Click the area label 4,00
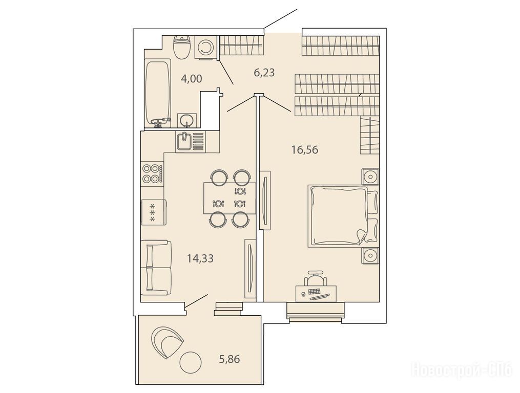tap(192, 79)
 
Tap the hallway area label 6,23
tap(264, 72)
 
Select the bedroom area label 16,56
tap(305, 150)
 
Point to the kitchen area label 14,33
tap(200, 258)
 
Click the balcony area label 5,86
tap(229, 359)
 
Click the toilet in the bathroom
tap(182, 48)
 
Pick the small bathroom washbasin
tap(187, 120)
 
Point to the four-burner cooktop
tap(153, 173)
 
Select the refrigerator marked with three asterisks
tap(153, 212)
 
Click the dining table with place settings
tap(230, 198)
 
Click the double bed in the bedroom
tap(343, 216)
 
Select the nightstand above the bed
tap(370, 176)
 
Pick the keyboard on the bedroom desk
tap(314, 292)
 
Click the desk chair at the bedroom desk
tap(316, 278)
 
